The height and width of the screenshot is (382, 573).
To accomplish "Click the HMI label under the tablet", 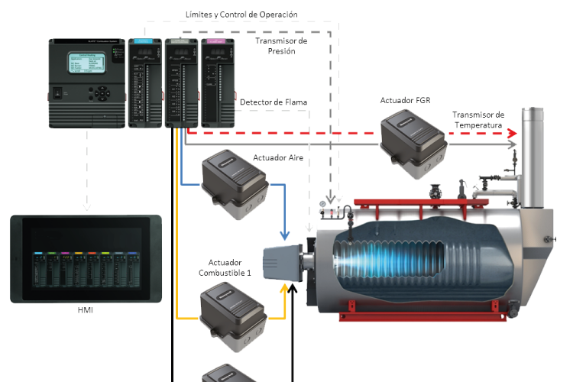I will click(86, 310).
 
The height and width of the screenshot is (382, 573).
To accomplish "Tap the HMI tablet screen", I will click(86, 259).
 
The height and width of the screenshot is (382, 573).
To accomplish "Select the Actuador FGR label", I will click(406, 100).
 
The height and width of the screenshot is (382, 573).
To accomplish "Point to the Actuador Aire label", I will click(275, 158).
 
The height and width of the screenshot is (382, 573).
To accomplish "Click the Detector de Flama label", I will click(274, 102).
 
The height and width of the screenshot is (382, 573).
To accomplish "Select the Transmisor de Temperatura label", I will click(478, 119).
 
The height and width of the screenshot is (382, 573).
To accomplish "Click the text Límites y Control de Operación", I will click(241, 14).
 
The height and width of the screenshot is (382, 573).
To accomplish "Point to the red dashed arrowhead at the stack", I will click(512, 132).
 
